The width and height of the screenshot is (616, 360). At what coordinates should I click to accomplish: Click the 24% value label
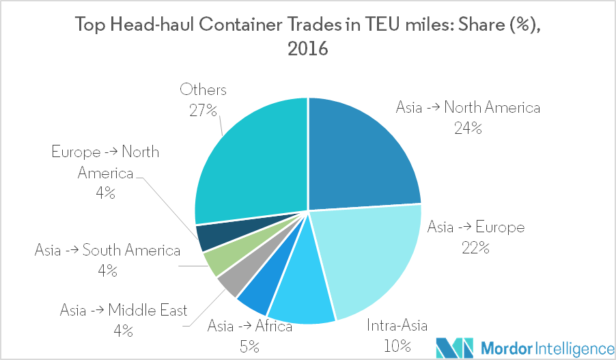click(468, 127)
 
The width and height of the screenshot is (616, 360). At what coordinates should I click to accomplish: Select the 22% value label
click(475, 247)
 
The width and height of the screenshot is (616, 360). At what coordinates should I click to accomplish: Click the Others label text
click(203, 89)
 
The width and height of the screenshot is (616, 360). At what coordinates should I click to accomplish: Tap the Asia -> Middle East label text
click(123, 311)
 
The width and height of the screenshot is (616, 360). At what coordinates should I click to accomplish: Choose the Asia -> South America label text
click(108, 251)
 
